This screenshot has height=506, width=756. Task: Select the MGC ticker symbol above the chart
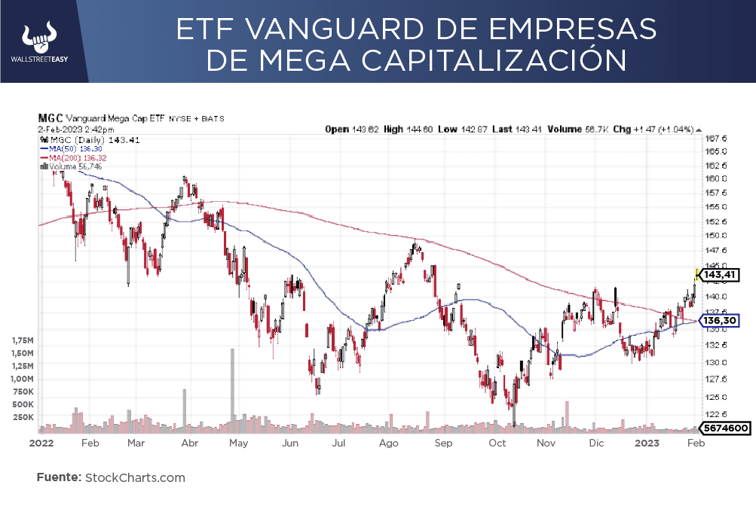click(x=50, y=118)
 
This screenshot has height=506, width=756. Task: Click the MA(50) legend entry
click(x=71, y=148)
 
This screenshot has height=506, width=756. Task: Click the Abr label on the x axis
click(x=189, y=443)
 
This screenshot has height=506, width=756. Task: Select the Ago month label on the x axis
click(x=388, y=443)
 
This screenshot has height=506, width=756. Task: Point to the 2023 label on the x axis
click(x=647, y=443)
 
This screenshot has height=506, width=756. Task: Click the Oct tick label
click(x=497, y=443)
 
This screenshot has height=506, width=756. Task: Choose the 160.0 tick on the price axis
click(x=715, y=178)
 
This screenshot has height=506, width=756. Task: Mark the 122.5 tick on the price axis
click(x=715, y=414)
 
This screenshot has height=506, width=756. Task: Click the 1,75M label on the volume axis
click(x=23, y=340)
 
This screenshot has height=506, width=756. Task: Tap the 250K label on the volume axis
click(x=23, y=416)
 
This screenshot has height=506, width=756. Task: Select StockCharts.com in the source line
click(x=135, y=477)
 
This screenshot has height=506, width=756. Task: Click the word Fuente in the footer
click(x=58, y=477)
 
